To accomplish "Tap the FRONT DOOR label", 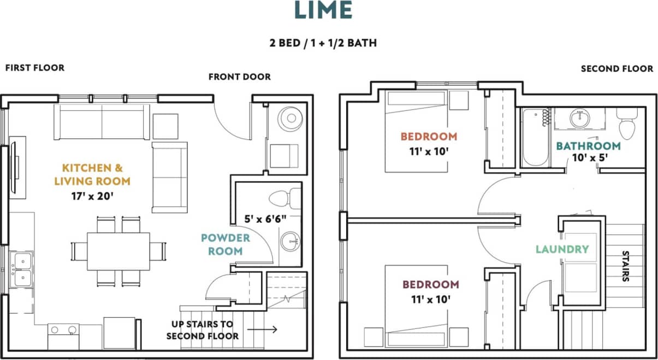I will (x=239, y=77).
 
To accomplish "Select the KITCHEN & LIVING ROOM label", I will (x=96, y=174).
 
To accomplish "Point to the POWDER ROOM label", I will (x=226, y=244).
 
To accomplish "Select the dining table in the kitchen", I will (x=118, y=251).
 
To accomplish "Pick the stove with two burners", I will (x=63, y=329).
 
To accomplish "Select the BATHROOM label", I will (x=588, y=146).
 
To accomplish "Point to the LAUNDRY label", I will (x=562, y=250).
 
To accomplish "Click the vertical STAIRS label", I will (x=626, y=266).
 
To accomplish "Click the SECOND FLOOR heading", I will (x=616, y=69).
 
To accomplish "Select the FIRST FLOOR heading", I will (x=35, y=68).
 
